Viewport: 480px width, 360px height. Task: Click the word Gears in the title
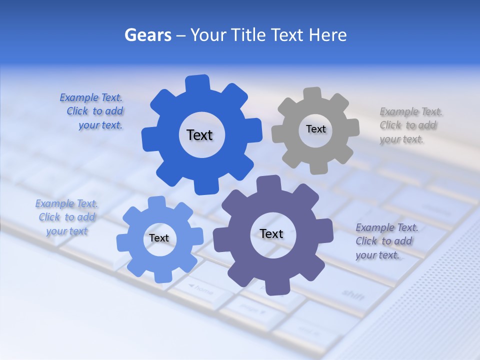pyautogui.click(x=148, y=35)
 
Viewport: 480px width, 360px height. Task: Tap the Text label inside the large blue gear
pyautogui.click(x=199, y=135)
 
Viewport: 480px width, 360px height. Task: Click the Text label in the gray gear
pyautogui.click(x=315, y=129)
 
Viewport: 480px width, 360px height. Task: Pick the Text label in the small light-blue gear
pyautogui.click(x=159, y=238)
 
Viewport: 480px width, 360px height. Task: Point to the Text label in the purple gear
pyautogui.click(x=271, y=233)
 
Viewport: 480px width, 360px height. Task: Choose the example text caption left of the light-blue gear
pyautogui.click(x=66, y=217)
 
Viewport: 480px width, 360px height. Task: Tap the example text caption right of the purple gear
pyautogui.click(x=385, y=241)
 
